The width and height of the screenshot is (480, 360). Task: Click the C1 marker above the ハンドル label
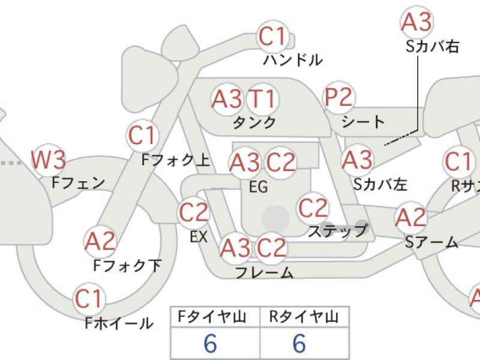pos(273,37)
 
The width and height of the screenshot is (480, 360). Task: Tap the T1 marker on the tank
pos(263,99)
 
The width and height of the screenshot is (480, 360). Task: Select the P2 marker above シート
pos(339,97)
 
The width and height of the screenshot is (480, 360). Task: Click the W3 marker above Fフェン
pos(49,160)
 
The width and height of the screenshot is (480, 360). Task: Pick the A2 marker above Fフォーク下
pos(100,241)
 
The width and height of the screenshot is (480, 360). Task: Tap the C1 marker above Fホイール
pos(89,299)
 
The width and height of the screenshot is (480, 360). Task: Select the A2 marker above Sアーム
pos(410,217)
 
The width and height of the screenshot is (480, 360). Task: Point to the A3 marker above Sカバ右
pos(416,22)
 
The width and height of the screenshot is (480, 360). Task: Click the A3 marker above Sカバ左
pos(358,160)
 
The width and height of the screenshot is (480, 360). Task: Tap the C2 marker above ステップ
pos(313,208)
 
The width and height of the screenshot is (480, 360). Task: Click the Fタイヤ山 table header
pos(212,317)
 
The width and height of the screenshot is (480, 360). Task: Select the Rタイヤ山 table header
pos(304,317)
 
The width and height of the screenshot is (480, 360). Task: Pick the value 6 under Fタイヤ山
pos(211,343)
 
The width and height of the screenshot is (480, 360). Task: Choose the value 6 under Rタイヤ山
pos(299,343)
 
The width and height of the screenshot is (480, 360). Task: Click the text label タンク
pos(254,123)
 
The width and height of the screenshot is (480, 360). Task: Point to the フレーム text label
pos(264,272)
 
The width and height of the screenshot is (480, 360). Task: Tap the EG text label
pos(259,187)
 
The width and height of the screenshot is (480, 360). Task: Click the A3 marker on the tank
pos(227,100)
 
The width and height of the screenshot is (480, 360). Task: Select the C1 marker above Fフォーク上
pos(142,136)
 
